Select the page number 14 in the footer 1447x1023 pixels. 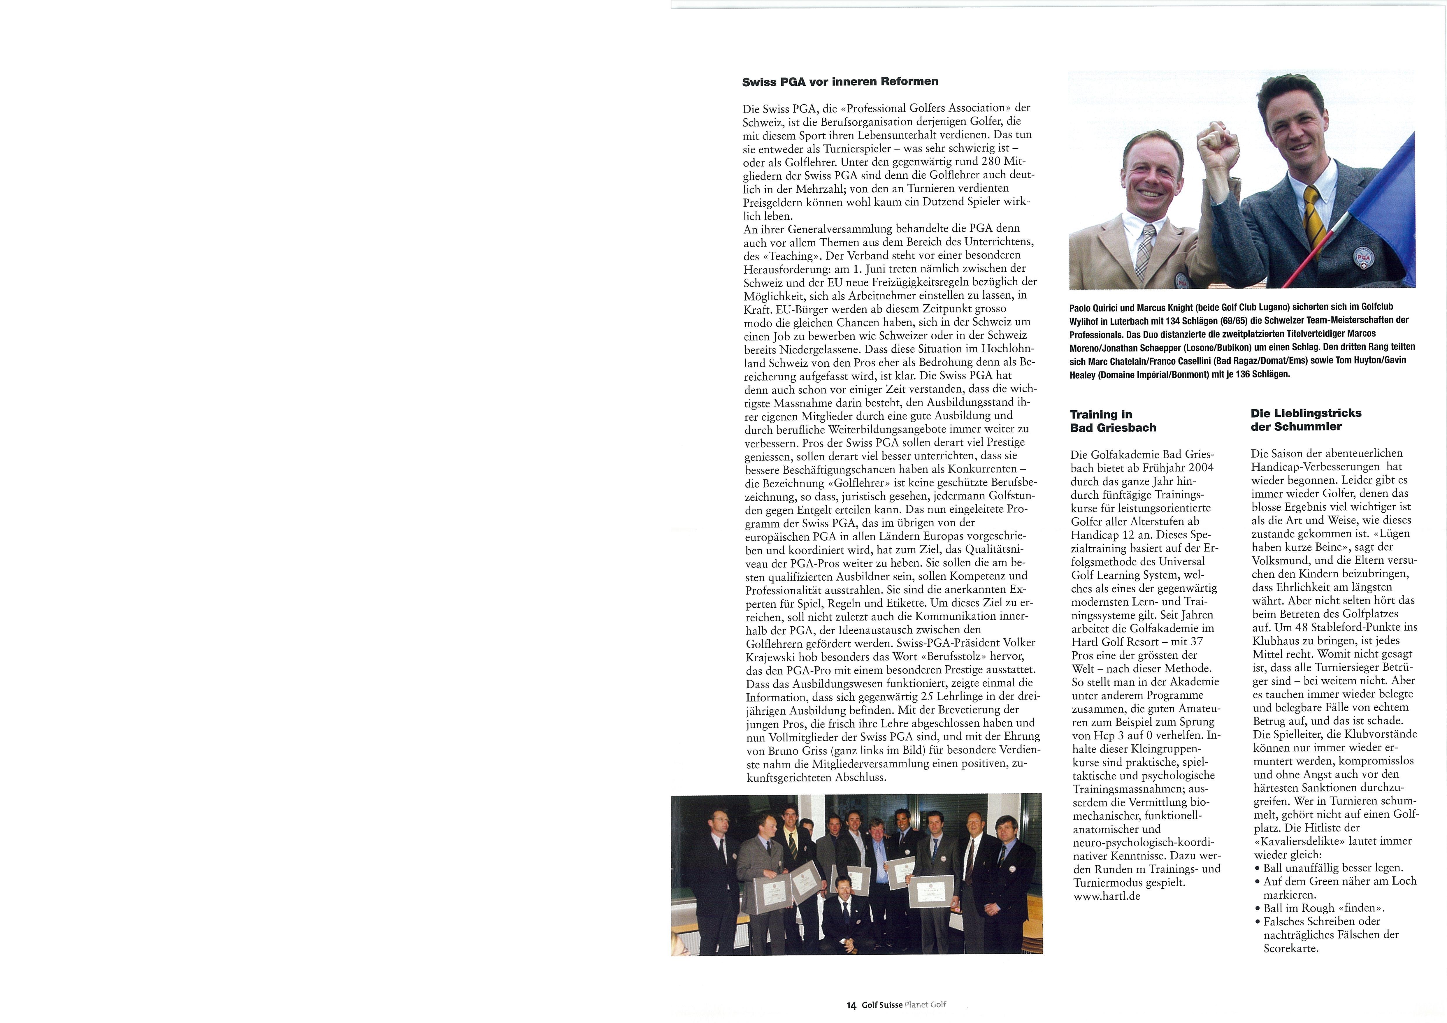851,1005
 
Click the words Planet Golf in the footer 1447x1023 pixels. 925,1005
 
